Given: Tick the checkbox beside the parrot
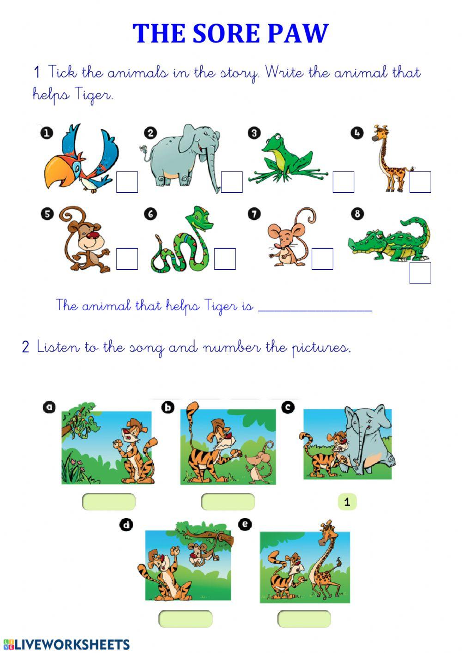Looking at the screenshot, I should pos(127,182).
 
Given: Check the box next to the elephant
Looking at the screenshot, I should pos(232,182).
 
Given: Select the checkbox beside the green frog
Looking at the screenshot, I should pos(343,182).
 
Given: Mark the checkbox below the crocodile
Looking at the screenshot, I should pos(420,273).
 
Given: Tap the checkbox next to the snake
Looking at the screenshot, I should pos(225,259).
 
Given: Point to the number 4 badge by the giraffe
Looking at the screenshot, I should pos(356,133).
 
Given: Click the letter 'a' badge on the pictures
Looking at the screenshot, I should pos(49,407).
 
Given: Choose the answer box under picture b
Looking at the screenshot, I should pos(228,502).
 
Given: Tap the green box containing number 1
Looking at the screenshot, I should pos(347,502).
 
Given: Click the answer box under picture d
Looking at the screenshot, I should pos(185,619).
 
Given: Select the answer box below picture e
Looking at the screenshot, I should pos(304,619).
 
